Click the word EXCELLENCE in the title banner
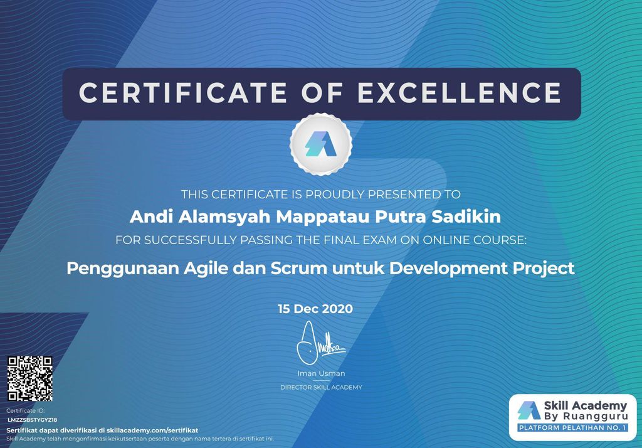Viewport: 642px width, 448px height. click(x=459, y=93)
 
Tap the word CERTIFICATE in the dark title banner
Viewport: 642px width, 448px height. click(x=183, y=93)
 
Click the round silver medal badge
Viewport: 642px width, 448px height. click(x=321, y=144)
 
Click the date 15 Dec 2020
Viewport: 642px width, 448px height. click(x=315, y=309)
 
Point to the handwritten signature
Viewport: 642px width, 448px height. click(x=319, y=343)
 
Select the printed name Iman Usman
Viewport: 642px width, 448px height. click(x=321, y=373)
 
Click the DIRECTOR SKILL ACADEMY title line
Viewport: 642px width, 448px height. click(x=321, y=387)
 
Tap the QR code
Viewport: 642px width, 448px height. click(x=30, y=378)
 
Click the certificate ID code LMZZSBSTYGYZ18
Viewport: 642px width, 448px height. click(x=33, y=420)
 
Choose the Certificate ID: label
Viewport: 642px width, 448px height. click(x=25, y=411)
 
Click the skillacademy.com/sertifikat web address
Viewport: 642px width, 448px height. click(x=152, y=430)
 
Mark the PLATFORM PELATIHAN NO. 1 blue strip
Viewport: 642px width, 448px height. click(x=572, y=428)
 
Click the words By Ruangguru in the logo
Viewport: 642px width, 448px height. click(x=586, y=417)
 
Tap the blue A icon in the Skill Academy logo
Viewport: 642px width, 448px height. click(x=529, y=410)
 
